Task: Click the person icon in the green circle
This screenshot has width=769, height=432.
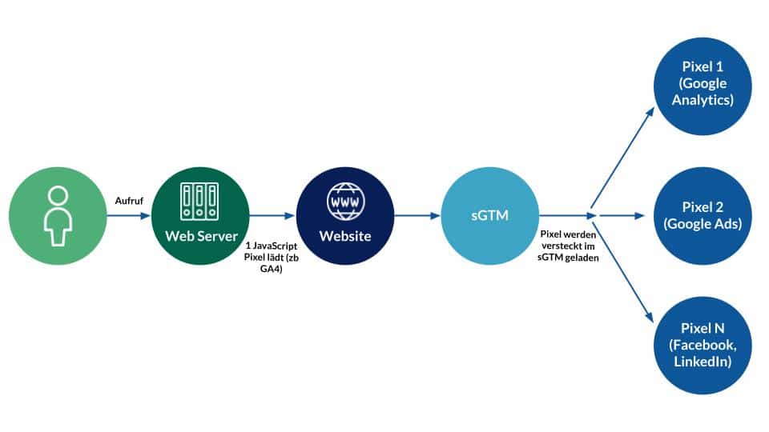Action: [57, 216]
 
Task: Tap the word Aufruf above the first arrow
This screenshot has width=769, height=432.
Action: [129, 200]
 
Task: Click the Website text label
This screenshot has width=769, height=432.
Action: [344, 236]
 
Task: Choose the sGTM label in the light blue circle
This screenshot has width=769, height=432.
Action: [489, 216]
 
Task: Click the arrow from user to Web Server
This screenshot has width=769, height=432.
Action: [128, 216]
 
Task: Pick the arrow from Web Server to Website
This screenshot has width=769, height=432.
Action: [272, 216]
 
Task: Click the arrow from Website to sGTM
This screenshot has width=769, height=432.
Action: [417, 216]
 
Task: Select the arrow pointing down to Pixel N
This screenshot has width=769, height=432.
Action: [621, 268]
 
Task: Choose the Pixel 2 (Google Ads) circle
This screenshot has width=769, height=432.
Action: [703, 216]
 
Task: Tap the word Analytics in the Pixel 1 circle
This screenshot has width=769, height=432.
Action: [703, 101]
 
